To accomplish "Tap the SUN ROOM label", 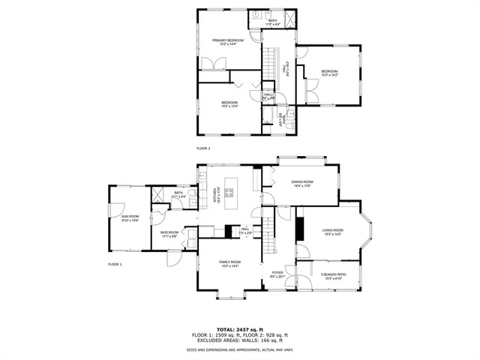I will (x=130, y=218).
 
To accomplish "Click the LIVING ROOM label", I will (x=332, y=232).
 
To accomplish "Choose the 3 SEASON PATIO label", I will (x=333, y=276).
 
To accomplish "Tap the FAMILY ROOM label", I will (x=229, y=263).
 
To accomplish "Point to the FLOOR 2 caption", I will (x=203, y=148).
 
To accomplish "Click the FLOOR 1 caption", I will (x=114, y=265).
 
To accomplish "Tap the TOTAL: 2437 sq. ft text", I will (x=239, y=329).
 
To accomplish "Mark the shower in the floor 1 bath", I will (x=159, y=193).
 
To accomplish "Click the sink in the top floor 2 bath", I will (x=256, y=15).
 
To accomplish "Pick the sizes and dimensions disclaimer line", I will (x=239, y=349).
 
